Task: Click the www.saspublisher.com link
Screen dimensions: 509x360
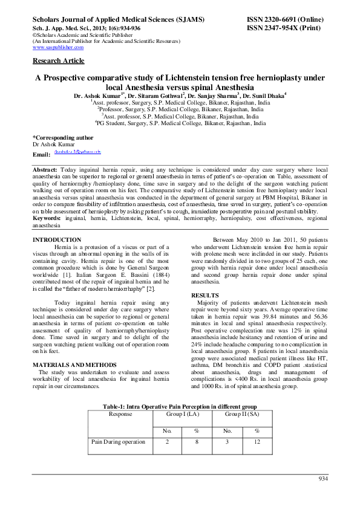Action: [x=57, y=47]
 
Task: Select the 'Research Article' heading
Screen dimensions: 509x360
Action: [x=58, y=61]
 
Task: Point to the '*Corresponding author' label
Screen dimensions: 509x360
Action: [x=63, y=138]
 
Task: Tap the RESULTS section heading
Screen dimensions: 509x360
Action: [x=206, y=294]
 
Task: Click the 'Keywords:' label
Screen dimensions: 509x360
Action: [x=47, y=217]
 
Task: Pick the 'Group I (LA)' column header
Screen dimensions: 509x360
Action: [x=181, y=415]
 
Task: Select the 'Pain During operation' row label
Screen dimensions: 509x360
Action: [x=118, y=442]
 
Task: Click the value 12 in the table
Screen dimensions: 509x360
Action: [x=257, y=442]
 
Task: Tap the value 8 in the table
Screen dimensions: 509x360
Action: [x=197, y=442]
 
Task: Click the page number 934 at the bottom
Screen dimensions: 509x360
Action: [x=322, y=479]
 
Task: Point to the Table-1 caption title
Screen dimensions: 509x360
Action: [x=180, y=407]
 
